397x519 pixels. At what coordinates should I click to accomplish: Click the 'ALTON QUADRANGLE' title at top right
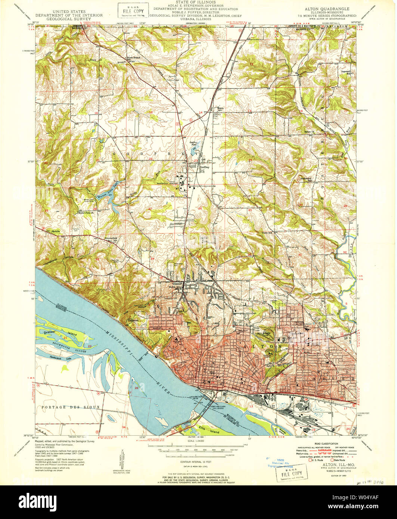pyautogui.click(x=322, y=8)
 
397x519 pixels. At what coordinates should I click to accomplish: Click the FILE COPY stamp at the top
pyautogui.click(x=133, y=10)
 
